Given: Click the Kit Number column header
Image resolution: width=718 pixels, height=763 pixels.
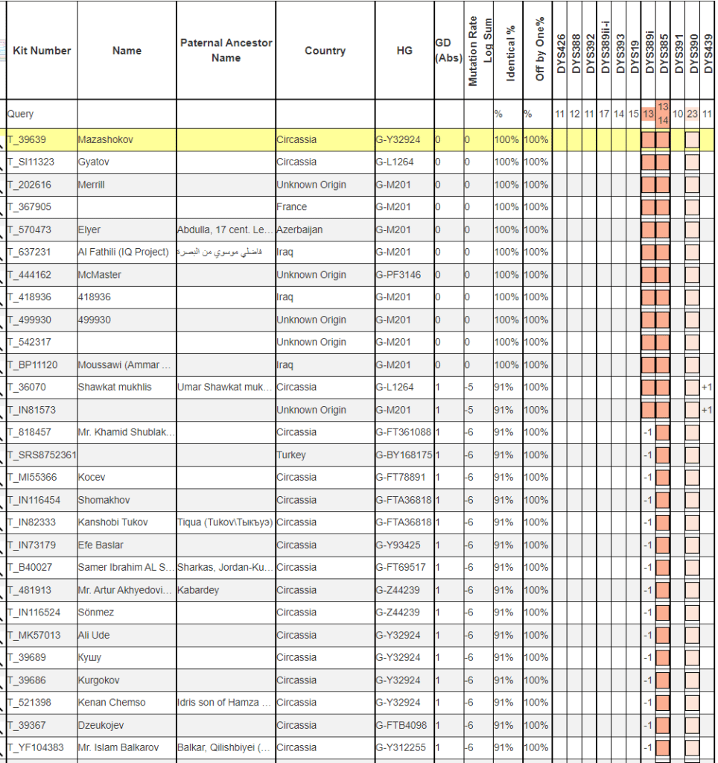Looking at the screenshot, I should coord(42,51).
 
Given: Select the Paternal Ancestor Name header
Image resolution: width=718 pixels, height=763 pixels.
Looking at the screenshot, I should coord(226,51).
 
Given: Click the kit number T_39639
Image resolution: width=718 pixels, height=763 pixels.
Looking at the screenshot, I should coord(28,139).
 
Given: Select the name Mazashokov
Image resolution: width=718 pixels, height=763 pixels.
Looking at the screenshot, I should coord(106,139).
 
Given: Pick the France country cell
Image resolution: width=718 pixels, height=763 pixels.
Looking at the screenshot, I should coord(292,207).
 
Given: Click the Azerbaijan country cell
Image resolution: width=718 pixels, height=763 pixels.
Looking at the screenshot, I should coord(299,229).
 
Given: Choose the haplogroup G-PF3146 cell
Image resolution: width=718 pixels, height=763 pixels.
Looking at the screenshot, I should coord(398,275).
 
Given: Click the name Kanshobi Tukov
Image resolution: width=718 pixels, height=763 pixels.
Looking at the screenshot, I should coord(114,522).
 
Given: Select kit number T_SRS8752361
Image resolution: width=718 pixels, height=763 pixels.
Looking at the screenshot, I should coord(42,455).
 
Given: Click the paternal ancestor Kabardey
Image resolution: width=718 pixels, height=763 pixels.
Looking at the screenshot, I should coord(198,590).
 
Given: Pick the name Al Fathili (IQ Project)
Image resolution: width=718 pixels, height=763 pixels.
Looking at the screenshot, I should coord(123,252).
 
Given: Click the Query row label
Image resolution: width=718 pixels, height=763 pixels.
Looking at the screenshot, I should coord(20,114).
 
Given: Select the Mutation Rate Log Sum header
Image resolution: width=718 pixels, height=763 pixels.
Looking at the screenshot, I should coord(480,51).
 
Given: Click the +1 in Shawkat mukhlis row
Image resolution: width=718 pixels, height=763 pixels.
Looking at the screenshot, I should coord(707,387).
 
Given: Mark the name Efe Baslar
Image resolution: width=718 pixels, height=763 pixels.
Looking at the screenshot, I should coord(101,545).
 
